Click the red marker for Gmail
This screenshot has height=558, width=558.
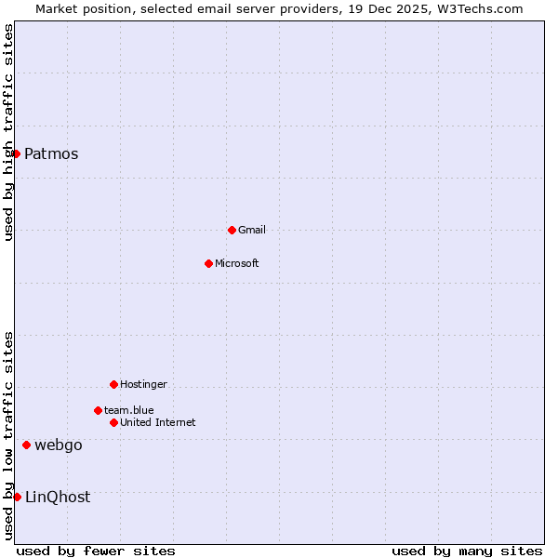coord(232,230)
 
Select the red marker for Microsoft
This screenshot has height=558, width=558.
coord(208,263)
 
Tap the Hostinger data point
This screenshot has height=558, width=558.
coord(113,384)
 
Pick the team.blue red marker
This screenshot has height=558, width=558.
coord(98,410)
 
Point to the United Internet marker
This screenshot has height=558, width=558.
coord(113,422)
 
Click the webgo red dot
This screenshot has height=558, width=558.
coord(26,445)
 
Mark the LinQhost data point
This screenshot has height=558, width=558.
coord(17,497)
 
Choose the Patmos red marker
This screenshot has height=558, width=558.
coord(17,153)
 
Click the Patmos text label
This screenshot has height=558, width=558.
coord(51,154)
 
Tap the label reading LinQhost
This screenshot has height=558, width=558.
coord(58,498)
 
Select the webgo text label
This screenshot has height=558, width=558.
coord(59,445)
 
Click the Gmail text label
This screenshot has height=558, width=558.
coord(252,230)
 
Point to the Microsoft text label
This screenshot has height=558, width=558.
coord(237,263)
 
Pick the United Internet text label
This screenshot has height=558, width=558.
coord(158,422)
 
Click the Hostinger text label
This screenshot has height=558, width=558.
coord(144,384)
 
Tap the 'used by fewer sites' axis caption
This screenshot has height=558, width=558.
coord(96,551)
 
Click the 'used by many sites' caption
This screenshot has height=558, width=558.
coord(467,551)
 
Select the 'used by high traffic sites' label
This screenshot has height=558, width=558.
coord(8,133)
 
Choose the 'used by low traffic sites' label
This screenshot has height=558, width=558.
coord(8,435)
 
